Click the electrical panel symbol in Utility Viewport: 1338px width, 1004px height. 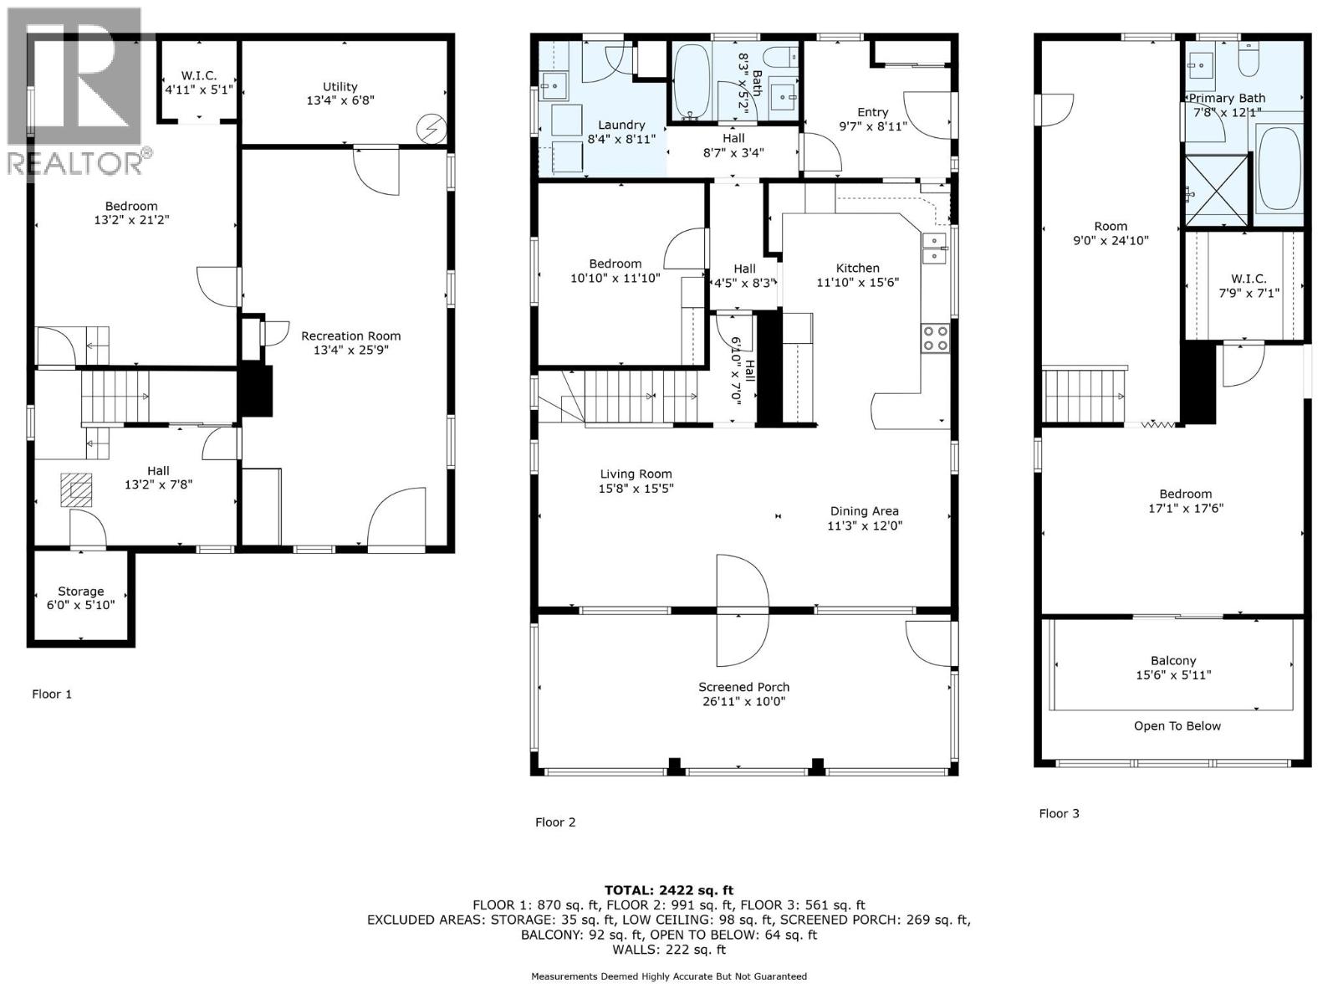pyautogui.click(x=431, y=129)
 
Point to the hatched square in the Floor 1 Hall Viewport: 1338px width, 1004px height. pyautogui.click(x=76, y=490)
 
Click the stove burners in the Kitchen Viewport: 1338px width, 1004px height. pyautogui.click(x=935, y=338)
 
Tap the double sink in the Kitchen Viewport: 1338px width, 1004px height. pyautogui.click(x=934, y=248)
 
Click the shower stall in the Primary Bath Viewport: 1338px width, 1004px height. pyautogui.click(x=1215, y=190)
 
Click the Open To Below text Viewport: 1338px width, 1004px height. pyautogui.click(x=1177, y=726)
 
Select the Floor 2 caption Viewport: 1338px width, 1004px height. pyautogui.click(x=555, y=822)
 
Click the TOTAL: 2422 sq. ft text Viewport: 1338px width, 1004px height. pyautogui.click(x=669, y=890)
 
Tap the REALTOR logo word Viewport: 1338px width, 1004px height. pyautogui.click(x=75, y=163)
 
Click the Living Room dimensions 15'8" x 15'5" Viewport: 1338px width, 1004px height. pyautogui.click(x=636, y=489)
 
